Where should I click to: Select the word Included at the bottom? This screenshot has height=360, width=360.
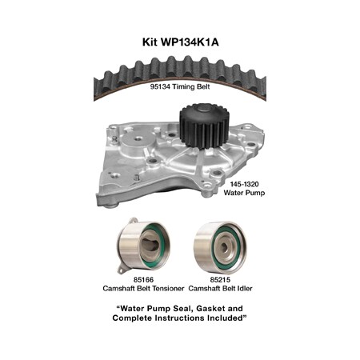(x=224, y=318)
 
